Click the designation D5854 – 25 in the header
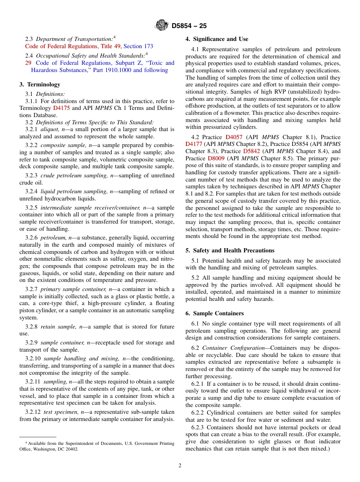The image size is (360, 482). [x=189, y=26]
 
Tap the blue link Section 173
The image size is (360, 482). [x=138, y=46]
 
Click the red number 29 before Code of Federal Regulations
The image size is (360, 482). [x=28, y=63]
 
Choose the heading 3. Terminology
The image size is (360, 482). [x=40, y=85]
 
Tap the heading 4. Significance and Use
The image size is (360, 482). [x=217, y=39]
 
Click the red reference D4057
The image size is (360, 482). [x=234, y=137]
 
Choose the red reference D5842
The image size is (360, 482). [x=251, y=151]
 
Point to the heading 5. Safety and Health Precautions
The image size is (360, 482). [x=230, y=250]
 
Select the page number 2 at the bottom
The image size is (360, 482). [x=180, y=466]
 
